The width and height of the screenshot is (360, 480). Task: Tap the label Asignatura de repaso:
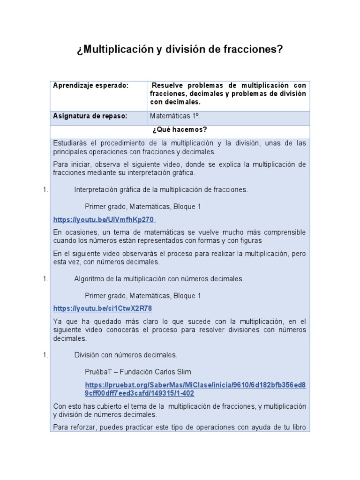coord(90,116)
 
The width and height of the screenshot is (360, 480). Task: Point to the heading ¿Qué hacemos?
coord(180,130)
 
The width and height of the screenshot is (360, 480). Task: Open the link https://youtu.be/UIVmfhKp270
coord(104,219)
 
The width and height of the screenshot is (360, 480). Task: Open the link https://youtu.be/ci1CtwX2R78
coord(103,308)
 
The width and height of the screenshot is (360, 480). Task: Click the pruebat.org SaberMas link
coord(195,389)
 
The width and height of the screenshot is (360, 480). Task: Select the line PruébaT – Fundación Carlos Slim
coord(138,372)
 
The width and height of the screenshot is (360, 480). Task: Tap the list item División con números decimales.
coord(126,355)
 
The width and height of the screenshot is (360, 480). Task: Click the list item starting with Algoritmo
coord(159,279)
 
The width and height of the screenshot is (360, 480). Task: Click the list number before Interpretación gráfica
coord(45,190)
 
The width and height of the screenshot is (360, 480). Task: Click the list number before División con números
coord(45,355)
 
